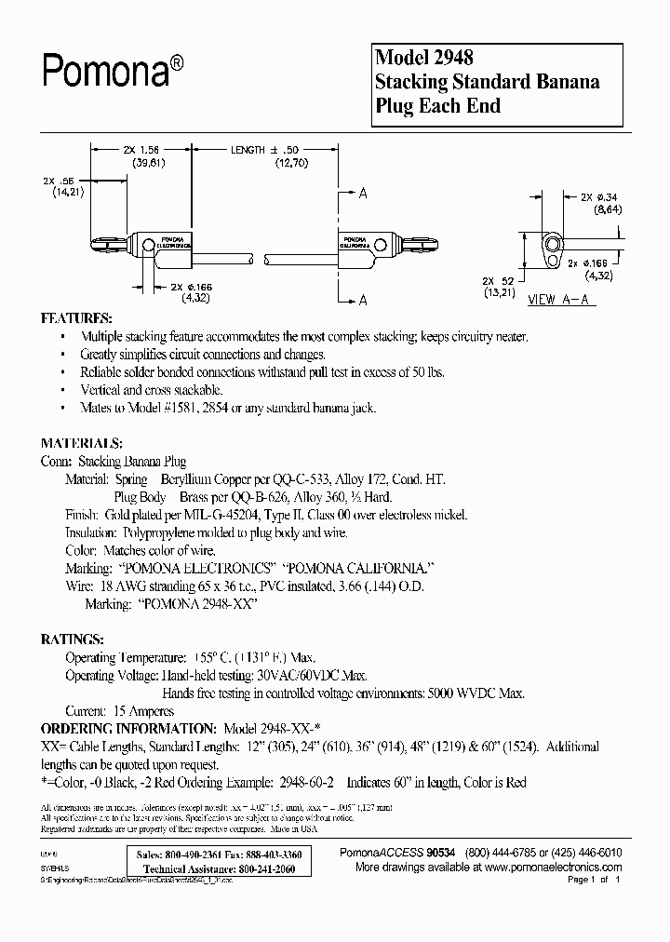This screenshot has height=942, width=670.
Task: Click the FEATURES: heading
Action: [77, 317]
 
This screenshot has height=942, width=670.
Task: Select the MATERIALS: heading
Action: [82, 444]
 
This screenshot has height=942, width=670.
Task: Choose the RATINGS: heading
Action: [73, 640]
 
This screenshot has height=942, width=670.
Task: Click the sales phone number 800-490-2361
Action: [194, 855]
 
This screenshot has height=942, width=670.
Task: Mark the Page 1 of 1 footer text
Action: [592, 880]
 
